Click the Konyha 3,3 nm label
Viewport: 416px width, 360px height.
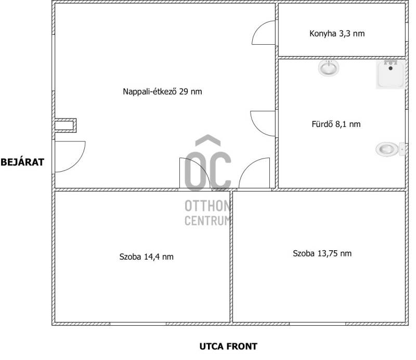[337, 33]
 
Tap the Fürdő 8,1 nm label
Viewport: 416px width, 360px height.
[336, 124]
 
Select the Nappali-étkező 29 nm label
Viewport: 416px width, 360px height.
[162, 92]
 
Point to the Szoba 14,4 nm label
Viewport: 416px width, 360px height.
[147, 256]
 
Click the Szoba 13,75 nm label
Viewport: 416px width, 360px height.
[322, 253]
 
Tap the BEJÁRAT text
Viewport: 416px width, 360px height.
[22, 162]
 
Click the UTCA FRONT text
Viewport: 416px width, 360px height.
[228, 346]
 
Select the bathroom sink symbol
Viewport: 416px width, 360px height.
[329, 68]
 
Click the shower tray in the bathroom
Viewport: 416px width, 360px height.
[391, 74]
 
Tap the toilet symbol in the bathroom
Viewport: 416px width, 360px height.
[391, 149]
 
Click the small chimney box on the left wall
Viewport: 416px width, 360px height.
[66, 125]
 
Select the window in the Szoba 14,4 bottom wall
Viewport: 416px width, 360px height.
[138, 324]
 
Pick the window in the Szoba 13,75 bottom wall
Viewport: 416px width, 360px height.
[318, 324]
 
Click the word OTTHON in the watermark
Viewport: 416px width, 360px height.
[207, 206]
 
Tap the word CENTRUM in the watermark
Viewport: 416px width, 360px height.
[207, 221]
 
